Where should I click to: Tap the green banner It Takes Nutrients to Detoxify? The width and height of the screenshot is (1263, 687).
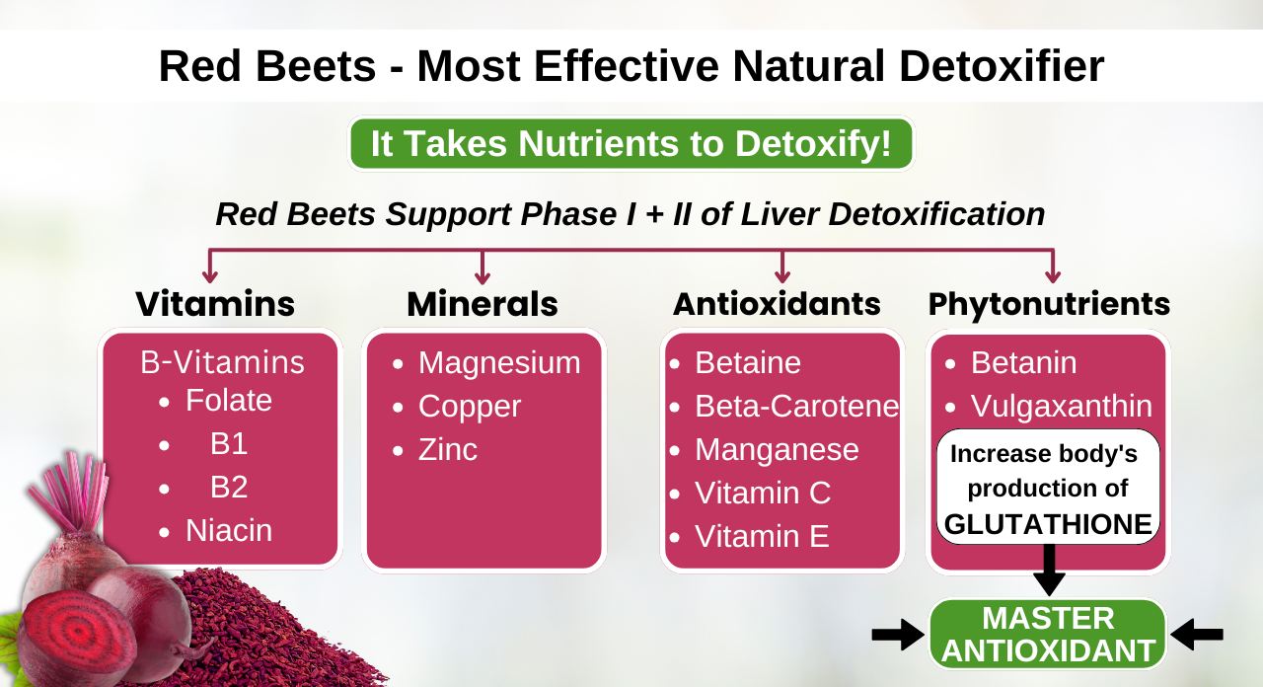[631, 144]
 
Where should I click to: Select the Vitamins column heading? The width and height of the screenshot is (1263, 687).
[215, 304]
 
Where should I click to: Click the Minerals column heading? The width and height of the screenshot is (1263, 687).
[483, 304]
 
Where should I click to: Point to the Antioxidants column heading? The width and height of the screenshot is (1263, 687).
[777, 304]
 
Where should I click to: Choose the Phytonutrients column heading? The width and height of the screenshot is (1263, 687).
[1049, 304]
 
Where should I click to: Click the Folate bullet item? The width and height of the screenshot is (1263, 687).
[228, 401]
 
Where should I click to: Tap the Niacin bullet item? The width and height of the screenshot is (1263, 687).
[228, 531]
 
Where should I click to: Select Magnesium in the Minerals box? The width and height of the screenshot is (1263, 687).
[498, 363]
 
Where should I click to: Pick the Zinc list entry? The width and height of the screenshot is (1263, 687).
[447, 450]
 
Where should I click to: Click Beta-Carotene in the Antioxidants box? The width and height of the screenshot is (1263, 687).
[796, 407]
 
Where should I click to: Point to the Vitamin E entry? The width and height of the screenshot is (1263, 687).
[762, 537]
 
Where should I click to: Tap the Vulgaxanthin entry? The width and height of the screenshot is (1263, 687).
[1061, 407]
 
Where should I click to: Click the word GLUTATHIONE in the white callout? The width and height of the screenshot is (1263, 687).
[1048, 524]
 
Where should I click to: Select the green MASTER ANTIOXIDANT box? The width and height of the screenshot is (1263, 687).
[1048, 634]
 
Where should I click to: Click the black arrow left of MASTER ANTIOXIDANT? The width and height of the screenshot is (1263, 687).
[898, 635]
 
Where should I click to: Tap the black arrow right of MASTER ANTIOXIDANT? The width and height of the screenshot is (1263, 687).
[1197, 635]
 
